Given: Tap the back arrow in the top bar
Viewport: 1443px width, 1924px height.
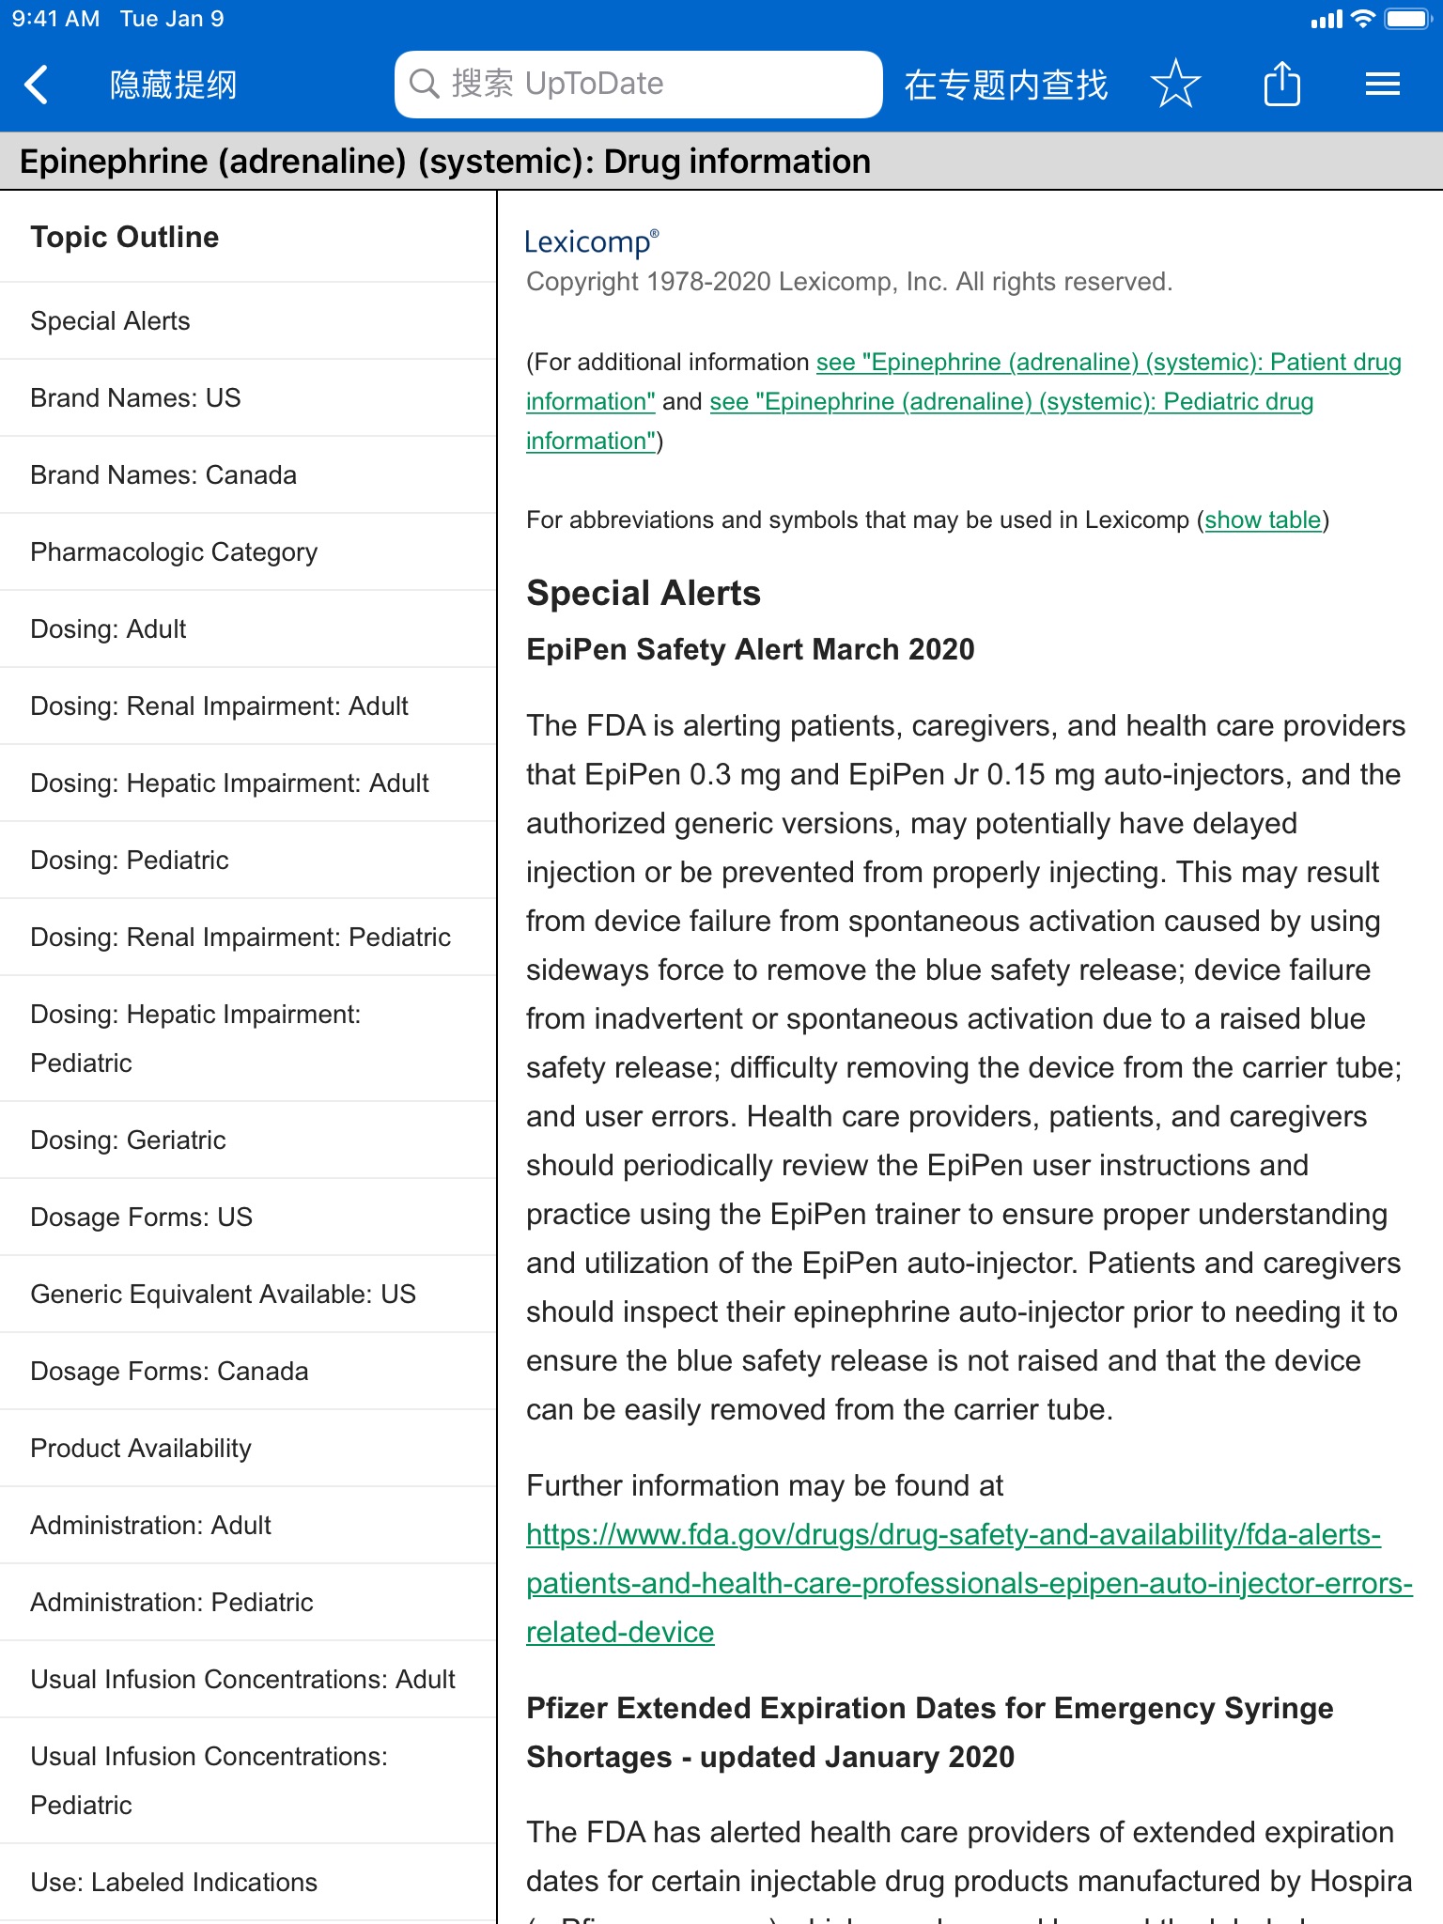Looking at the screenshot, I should [37, 85].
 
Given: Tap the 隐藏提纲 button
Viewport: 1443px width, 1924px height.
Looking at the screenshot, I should [173, 85].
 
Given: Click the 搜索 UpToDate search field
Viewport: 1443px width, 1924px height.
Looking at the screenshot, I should [638, 85].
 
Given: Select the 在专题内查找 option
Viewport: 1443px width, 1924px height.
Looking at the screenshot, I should [1005, 85].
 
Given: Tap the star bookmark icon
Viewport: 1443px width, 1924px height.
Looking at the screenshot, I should [1175, 85].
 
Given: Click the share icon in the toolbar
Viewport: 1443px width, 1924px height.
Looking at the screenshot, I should [1281, 85].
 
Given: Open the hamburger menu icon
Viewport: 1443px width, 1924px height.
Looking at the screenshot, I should [1382, 85].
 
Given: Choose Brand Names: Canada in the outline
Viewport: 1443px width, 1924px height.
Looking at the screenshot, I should [163, 475].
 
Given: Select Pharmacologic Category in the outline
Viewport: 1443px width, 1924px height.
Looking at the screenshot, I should [174, 552].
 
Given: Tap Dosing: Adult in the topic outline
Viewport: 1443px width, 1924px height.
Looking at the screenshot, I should [108, 629].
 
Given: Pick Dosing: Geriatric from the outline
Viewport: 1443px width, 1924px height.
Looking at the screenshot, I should [128, 1140].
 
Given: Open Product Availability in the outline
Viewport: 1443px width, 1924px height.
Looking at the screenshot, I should [141, 1449].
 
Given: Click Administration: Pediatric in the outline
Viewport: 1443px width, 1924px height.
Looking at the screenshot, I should [172, 1603].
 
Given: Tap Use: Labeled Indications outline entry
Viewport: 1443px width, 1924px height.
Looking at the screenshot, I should [174, 1883].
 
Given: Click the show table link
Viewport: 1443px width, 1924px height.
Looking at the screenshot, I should [1263, 520].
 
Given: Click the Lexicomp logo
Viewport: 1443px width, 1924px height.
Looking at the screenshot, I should [591, 242].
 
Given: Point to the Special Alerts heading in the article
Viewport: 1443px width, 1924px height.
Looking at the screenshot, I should [644, 594].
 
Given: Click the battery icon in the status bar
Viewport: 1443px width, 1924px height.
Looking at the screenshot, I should [1405, 19].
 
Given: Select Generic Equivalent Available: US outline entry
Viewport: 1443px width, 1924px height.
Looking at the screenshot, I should [223, 1295].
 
